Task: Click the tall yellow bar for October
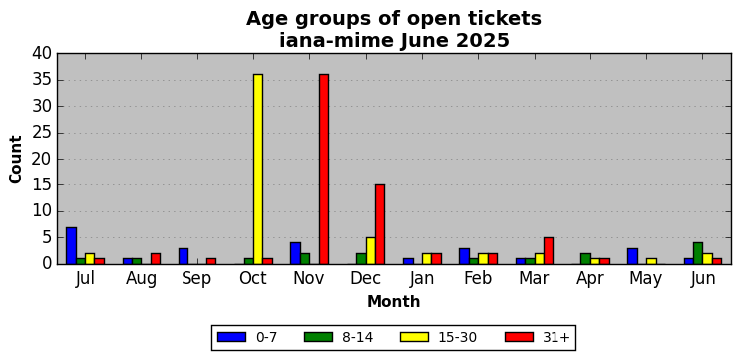[x=258, y=169]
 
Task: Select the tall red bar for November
[x=324, y=169]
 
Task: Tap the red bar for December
[x=380, y=224]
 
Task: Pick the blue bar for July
[x=71, y=246]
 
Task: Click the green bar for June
[x=698, y=253]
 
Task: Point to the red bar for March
[x=549, y=251]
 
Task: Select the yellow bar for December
[x=370, y=251]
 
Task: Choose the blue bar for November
[x=295, y=253]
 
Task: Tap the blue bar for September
[x=184, y=256]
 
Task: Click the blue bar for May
[x=633, y=256]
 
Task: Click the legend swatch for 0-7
[x=231, y=337]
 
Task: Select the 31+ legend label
[x=555, y=337]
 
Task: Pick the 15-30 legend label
[x=458, y=337]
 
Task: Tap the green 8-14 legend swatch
[x=318, y=337]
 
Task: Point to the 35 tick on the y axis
[x=42, y=80]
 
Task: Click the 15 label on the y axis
[x=42, y=185]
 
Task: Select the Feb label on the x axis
[x=478, y=279]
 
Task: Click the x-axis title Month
[x=394, y=302]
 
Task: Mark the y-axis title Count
[x=16, y=159]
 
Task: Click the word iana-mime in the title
[x=336, y=41]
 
